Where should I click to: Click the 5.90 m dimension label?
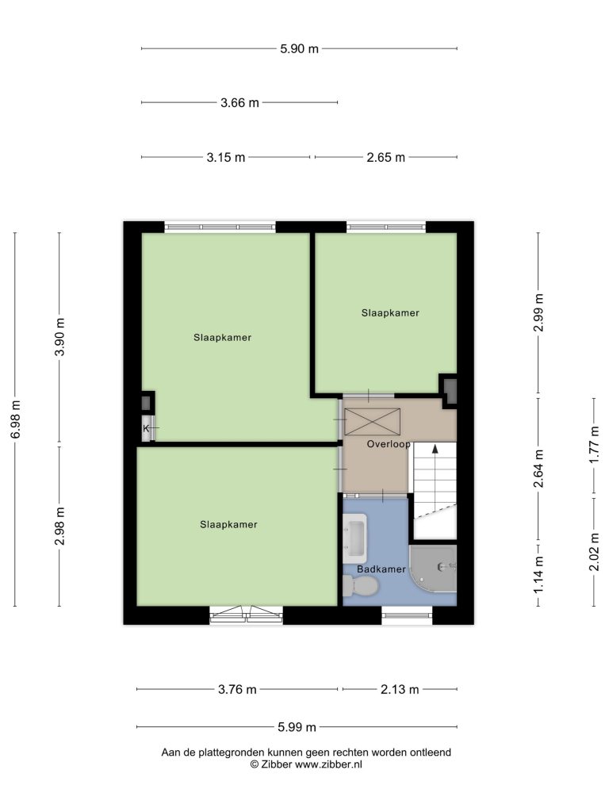[299, 49]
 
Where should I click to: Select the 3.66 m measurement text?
[239, 103]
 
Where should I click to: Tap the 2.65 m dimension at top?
[386, 158]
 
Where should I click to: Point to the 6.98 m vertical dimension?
[16, 419]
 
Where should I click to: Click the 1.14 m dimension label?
[539, 575]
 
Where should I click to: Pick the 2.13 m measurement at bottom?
[400, 690]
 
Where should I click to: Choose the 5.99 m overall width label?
[297, 727]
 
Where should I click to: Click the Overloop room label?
[389, 444]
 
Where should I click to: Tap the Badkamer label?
[381, 569]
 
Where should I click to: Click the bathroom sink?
[355, 538]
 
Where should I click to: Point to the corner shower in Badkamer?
[434, 568]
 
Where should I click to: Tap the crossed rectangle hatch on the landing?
[373, 422]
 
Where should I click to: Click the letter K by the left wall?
[146, 428]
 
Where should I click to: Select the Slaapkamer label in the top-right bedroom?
[390, 312]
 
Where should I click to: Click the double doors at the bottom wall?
[247, 615]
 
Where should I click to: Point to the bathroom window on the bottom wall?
[408, 615]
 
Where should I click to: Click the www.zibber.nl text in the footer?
[329, 764]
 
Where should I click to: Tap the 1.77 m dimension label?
[595, 446]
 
